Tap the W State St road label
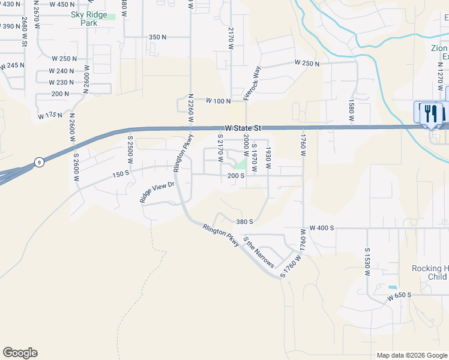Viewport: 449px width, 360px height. pos(241,128)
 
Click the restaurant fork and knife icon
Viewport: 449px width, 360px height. pos(430,113)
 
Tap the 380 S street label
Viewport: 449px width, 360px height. pos(244,221)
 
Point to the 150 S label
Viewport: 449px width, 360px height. pos(120,173)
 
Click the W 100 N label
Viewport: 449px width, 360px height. pos(218,101)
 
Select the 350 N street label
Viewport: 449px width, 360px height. pos(157,37)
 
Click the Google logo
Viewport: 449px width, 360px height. pos(20,353)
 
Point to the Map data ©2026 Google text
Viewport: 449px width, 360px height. pos(411,355)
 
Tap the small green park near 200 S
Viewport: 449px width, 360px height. pos(241,164)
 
